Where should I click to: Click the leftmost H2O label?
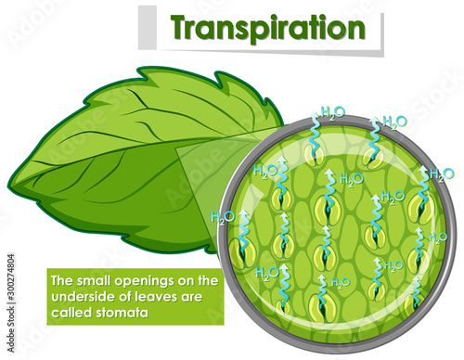(x=222, y=218)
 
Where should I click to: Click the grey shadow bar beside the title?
(x=144, y=29)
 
